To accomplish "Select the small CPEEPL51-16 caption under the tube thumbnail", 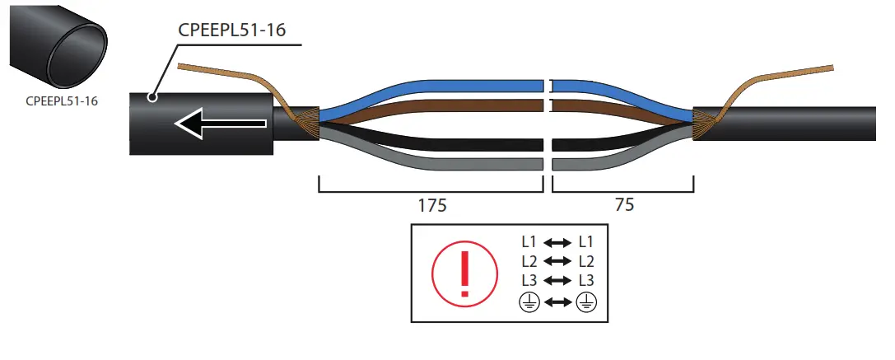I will coord(62,102).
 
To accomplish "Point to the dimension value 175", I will coord(431,206).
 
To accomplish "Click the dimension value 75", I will coord(624,206).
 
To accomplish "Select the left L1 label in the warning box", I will coord(529,243).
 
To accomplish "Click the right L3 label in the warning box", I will coord(586,281).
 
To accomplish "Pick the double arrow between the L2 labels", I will coord(557,262).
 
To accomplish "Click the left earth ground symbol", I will coord(528,302).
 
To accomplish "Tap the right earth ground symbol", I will coord(588,302).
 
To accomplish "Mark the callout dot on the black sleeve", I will coord(151,97).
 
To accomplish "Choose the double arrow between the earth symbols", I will coord(557,302).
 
